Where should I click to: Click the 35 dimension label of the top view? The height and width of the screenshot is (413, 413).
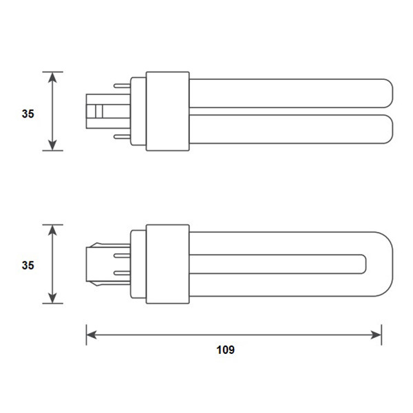click(x=28, y=114)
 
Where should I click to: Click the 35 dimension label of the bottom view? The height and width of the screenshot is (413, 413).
click(x=28, y=265)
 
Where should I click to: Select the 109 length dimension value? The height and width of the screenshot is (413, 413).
click(x=225, y=350)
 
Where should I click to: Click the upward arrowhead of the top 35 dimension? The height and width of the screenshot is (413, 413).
click(x=52, y=76)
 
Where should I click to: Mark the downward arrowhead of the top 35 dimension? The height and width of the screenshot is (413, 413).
click(x=52, y=146)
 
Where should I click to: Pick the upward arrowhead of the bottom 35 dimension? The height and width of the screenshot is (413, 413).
click(x=52, y=229)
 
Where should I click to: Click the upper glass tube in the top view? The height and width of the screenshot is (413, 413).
click(x=289, y=93)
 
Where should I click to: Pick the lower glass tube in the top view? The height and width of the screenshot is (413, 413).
click(x=289, y=130)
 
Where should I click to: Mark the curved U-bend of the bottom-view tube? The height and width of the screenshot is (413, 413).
click(x=379, y=264)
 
